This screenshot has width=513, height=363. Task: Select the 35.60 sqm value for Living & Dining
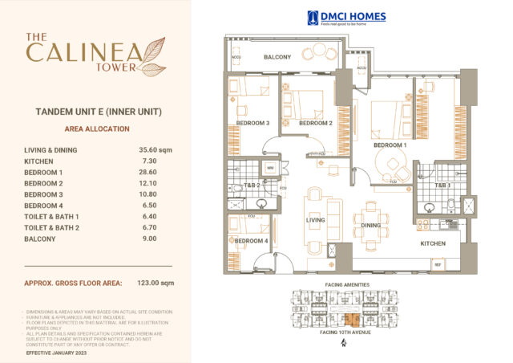pyautogui.click(x=155, y=149)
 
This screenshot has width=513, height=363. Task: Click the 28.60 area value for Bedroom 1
pyautogui.click(x=149, y=172)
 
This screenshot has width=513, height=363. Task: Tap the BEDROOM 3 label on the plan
pyautogui.click(x=252, y=123)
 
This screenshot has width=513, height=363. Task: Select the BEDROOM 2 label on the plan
pyautogui.click(x=315, y=123)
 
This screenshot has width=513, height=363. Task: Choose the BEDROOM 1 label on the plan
pyautogui.click(x=390, y=145)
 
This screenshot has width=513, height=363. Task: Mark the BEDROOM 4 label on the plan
pyautogui.click(x=251, y=241)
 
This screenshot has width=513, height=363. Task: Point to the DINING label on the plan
pyautogui.click(x=370, y=226)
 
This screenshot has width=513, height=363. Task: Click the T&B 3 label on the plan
pyautogui.click(x=442, y=186)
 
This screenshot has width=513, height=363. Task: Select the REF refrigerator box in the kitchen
pyautogui.click(x=438, y=263)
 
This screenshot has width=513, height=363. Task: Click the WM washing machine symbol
pyautogui.click(x=270, y=168)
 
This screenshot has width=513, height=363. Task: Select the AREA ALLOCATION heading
pyautogui.click(x=95, y=128)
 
